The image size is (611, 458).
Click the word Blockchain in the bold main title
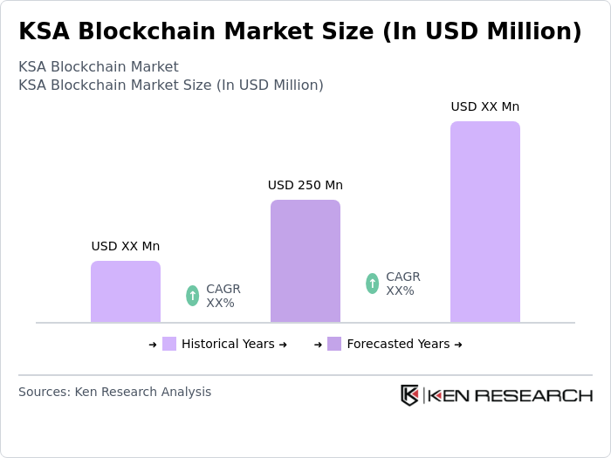click(x=153, y=31)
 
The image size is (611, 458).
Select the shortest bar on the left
click(x=126, y=292)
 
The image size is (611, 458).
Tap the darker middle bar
click(x=305, y=262)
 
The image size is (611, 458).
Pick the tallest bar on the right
click(x=485, y=222)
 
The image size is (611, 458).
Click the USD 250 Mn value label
click(x=305, y=185)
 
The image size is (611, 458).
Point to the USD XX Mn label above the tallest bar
click(x=485, y=106)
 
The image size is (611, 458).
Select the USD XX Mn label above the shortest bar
click(x=126, y=246)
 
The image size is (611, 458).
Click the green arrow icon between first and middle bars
click(x=192, y=296)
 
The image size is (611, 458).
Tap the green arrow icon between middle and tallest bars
click(x=372, y=284)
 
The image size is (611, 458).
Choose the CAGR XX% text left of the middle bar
click(x=223, y=296)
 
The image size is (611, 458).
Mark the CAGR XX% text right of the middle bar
click(x=402, y=284)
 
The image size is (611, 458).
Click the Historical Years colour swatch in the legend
click(x=169, y=344)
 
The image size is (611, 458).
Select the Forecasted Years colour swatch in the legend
click(x=334, y=344)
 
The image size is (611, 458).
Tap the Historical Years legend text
click(x=228, y=344)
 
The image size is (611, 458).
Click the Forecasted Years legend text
click(x=398, y=344)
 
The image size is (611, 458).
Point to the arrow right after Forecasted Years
click(x=458, y=344)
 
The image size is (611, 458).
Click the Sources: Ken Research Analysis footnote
click(x=114, y=392)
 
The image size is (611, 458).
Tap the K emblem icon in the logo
click(x=409, y=395)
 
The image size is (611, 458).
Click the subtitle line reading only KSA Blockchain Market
click(x=98, y=66)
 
